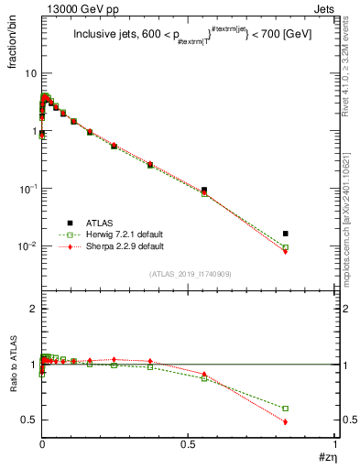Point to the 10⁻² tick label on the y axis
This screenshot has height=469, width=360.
tap(26, 246)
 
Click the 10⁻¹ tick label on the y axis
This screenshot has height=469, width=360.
tap(26, 189)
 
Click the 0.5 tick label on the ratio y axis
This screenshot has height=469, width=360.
tap(27, 420)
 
